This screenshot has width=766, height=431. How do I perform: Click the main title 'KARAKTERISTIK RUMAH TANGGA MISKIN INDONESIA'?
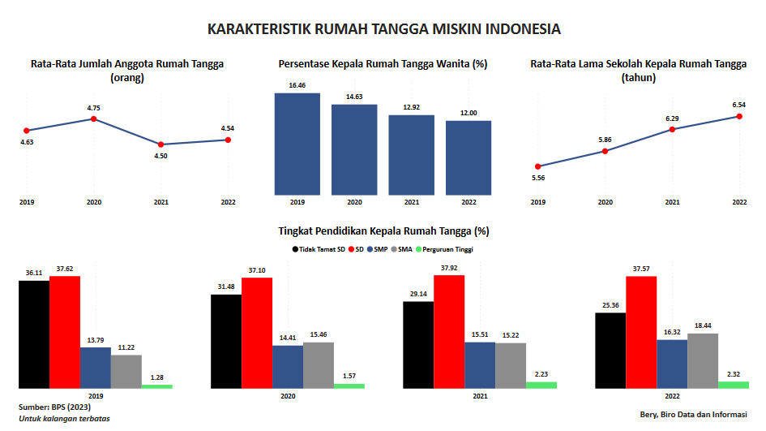[x=384, y=29]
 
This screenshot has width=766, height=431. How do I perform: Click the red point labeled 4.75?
[x=94, y=119]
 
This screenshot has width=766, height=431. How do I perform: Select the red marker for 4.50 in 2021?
[x=160, y=144]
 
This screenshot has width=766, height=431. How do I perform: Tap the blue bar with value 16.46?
[x=297, y=144]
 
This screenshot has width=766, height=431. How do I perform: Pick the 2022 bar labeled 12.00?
[x=469, y=158]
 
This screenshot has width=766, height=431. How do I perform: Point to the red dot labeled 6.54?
[x=739, y=116]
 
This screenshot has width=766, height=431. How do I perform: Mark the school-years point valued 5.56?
[x=538, y=166]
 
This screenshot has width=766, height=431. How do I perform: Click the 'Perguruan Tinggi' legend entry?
[x=444, y=249]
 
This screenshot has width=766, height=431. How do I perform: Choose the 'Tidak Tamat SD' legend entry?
[x=319, y=249]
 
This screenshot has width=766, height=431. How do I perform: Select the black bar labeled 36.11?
[x=34, y=334]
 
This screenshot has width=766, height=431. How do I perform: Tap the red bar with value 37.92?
[x=449, y=332]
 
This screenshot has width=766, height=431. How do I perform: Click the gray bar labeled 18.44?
[x=703, y=361]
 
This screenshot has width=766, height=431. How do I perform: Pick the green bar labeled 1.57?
[x=349, y=386]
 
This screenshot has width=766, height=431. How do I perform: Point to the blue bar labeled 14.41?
[x=288, y=367]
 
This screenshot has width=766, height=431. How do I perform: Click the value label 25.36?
[x=610, y=305]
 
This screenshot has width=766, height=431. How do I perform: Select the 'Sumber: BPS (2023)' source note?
[x=55, y=407]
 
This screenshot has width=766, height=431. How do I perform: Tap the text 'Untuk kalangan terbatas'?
[x=65, y=419]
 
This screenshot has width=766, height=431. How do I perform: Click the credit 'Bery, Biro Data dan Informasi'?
[x=693, y=415]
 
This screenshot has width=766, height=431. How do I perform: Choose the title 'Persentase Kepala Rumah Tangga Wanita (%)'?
[x=383, y=64]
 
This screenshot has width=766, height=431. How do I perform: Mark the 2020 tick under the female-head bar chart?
[x=354, y=202]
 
